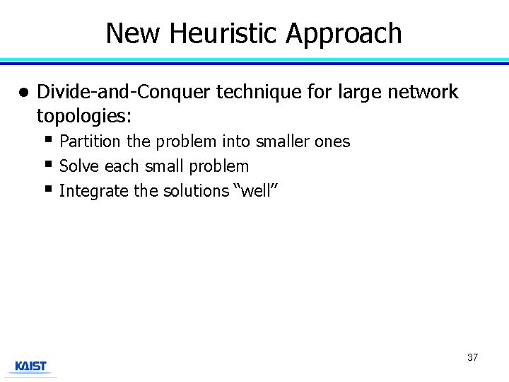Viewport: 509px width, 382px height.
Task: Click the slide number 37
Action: click(x=472, y=357)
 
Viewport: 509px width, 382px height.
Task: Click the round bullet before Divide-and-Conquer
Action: click(x=23, y=93)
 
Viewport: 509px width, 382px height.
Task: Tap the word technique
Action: click(x=261, y=92)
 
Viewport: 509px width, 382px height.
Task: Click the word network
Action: click(x=421, y=92)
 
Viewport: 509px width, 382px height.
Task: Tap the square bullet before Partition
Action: click(x=48, y=139)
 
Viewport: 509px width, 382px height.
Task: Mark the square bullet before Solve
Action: click(x=48, y=164)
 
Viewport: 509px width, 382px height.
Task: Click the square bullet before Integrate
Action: click(x=48, y=189)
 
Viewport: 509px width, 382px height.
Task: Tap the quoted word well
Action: click(x=255, y=191)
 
